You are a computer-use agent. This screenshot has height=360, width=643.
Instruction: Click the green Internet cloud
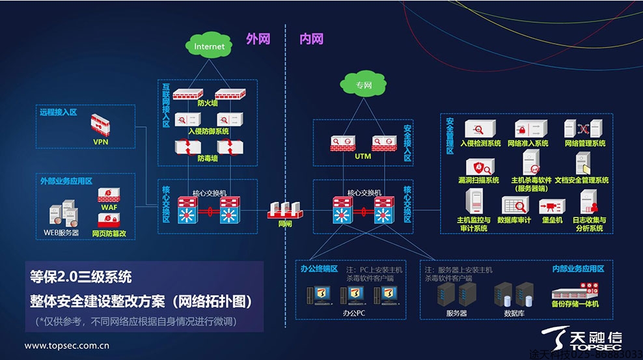point(209,46)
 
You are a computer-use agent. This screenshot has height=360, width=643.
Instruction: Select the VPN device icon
point(100,124)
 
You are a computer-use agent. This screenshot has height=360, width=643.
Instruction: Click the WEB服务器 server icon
point(62,214)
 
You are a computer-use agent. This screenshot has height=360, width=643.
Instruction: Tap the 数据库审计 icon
point(513,206)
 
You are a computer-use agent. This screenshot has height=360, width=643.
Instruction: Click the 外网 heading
point(258,39)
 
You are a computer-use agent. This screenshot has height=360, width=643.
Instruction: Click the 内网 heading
point(311,39)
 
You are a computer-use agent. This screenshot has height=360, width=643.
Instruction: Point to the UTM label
point(363,157)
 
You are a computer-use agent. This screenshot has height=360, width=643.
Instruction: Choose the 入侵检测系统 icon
point(480,128)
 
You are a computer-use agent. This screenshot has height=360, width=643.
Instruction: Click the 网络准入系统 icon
point(527,128)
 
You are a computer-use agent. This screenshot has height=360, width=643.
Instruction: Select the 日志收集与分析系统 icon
point(588,202)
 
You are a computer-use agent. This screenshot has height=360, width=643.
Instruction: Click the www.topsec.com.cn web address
point(66,346)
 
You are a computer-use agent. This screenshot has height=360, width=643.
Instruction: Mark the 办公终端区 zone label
point(318,268)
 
